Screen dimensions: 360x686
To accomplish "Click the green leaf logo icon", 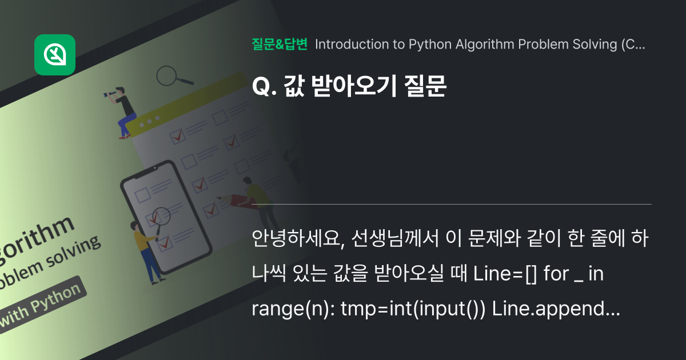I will pos(55,55).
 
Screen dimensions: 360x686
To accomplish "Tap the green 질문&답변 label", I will pos(280,45).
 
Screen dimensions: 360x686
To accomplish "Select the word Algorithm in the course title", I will pos(485,45).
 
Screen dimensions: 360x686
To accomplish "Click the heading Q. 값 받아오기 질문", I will pos(348,87).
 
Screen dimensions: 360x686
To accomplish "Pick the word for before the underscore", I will pos(557,274).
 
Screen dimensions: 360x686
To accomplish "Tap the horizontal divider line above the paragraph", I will pos(452,204).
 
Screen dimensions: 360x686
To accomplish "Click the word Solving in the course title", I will pos(595,45).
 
